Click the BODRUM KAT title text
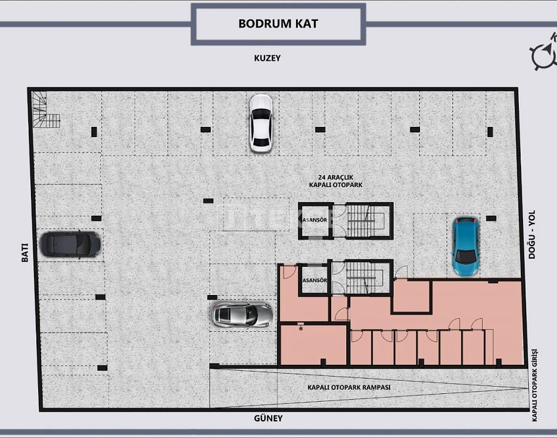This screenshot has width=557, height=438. coord(278,23)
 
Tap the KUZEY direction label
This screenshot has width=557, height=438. coord(267,58)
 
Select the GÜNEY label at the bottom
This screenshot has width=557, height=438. coord(268,418)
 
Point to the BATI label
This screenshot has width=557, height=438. coord(24,252)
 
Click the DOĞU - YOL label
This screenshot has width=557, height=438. coord(531,234)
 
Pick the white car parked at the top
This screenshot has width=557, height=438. coord(261,123)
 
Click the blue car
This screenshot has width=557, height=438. coord(465,246)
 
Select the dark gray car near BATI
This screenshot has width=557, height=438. coord(70,244)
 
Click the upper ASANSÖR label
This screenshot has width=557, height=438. coord(315,220)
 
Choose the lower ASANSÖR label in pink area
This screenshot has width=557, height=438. coord(315,280)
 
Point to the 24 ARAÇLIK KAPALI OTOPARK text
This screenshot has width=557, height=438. coord(336,181)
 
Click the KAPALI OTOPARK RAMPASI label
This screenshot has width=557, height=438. coord(349,387)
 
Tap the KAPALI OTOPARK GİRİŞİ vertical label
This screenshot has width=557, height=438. coord(534,386)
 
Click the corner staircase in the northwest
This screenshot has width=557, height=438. coord(45,110)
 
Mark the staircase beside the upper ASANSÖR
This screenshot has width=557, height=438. coord(366,220)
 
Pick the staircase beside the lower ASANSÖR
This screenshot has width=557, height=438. coord(366,278)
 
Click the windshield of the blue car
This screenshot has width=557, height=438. coord(465,256)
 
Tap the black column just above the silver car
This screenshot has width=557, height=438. coord(212,297)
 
